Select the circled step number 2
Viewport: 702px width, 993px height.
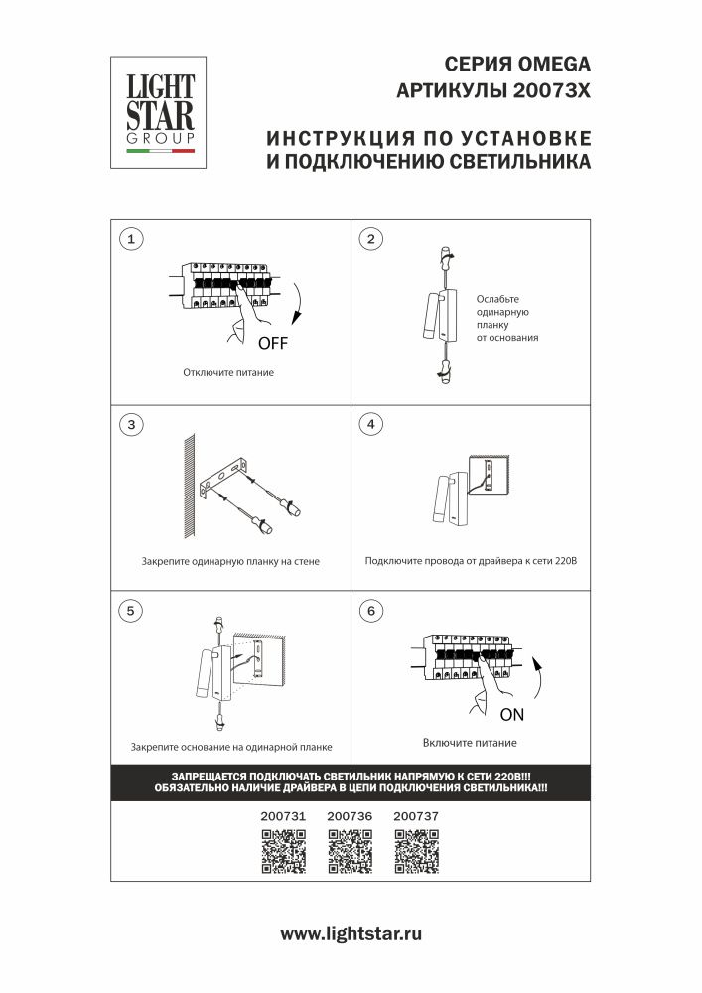[370, 239]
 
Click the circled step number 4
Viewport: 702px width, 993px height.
[370, 425]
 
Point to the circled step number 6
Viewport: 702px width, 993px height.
[370, 610]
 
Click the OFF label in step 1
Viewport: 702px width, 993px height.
[272, 345]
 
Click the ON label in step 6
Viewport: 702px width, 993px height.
[511, 714]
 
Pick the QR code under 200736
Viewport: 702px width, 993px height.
[349, 851]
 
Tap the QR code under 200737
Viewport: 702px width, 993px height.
[415, 851]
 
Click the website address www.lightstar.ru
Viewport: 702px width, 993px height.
[351, 934]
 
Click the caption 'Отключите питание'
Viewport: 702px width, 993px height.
[227, 373]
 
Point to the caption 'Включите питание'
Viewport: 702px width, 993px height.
[469, 743]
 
